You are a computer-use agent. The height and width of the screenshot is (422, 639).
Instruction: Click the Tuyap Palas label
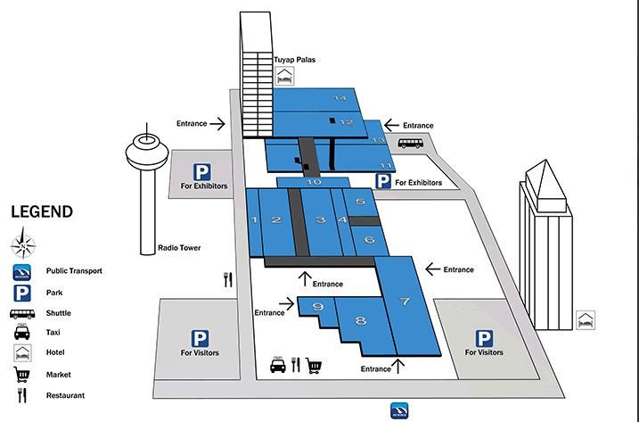(294, 60)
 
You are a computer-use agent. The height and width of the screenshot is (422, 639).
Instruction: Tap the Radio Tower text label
(179, 248)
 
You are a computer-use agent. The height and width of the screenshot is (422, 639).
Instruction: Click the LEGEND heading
(42, 211)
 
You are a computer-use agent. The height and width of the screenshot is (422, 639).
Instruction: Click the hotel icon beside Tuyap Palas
(285, 76)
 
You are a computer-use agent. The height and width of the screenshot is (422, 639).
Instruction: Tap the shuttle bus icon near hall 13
(410, 144)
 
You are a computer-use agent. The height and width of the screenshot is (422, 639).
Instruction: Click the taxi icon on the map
(278, 364)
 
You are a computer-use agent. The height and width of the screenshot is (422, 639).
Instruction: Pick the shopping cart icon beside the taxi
(314, 366)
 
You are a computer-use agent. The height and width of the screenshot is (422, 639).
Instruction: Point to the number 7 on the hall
(405, 302)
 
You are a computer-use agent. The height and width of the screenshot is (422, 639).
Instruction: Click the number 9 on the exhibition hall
(318, 306)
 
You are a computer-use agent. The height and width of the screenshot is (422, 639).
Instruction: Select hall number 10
(314, 182)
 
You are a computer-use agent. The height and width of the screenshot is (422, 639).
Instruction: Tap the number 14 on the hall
(340, 98)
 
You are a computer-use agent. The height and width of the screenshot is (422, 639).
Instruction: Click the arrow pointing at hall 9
(286, 303)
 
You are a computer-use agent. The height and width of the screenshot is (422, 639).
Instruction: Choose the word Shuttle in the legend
(59, 313)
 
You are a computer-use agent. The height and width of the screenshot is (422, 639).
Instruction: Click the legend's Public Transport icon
(22, 272)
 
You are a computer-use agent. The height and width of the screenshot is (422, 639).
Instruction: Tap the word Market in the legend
(59, 375)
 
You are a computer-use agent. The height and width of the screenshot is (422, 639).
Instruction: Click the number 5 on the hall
(360, 202)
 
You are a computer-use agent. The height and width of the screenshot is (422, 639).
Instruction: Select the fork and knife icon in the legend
(22, 395)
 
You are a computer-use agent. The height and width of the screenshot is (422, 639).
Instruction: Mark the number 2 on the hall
(276, 220)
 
